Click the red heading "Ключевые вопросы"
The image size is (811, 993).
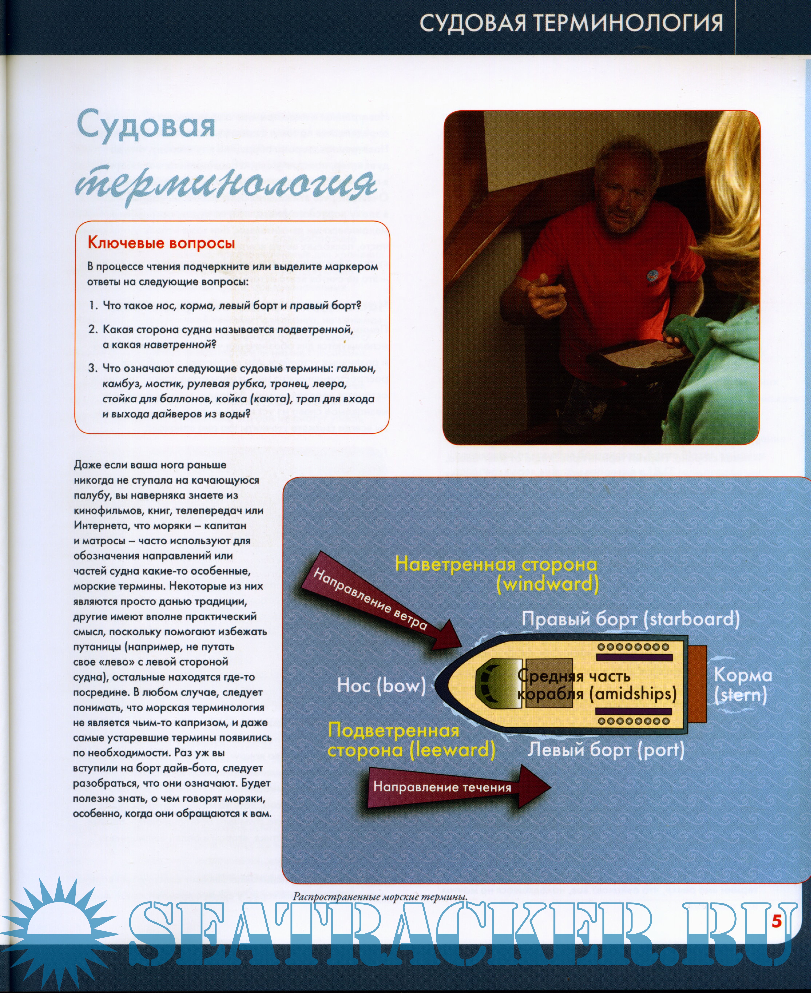tap(161, 243)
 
